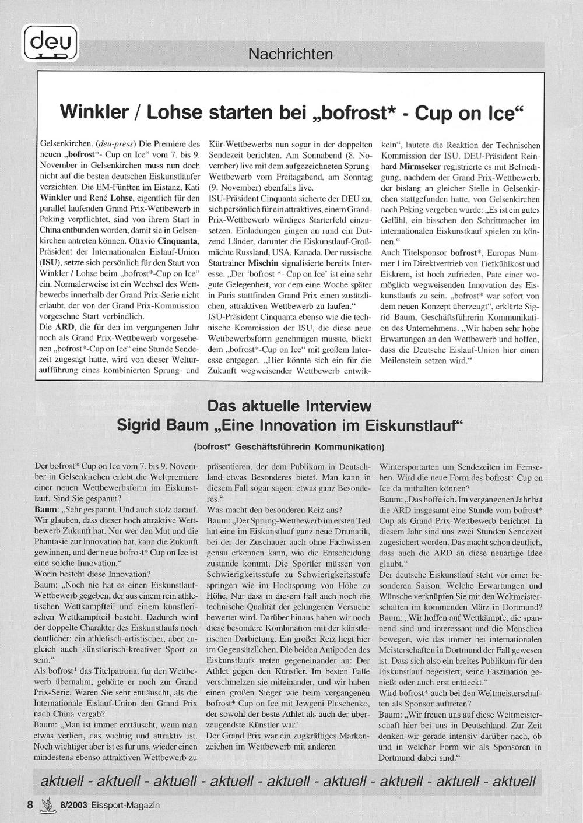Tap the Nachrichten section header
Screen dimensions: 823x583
[x=290, y=54]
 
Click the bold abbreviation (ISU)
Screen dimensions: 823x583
[x=48, y=262]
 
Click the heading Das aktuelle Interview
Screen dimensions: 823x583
[x=290, y=406]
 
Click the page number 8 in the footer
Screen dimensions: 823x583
[x=30, y=805]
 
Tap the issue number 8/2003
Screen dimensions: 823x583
[x=73, y=805]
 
